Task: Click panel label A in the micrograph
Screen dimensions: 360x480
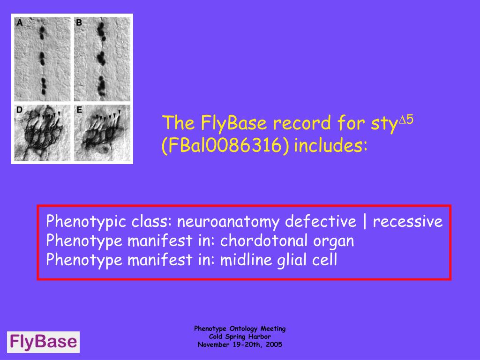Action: [20, 22]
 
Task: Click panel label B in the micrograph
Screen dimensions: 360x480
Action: [79, 22]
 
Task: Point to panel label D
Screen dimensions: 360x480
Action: [20, 110]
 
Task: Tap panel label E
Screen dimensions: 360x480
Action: [79, 110]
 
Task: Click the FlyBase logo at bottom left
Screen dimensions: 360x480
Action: [43, 342]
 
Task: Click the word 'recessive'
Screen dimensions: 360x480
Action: [407, 221]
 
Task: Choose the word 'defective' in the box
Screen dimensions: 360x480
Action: [321, 221]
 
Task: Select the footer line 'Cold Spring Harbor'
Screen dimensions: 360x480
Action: [240, 337]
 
